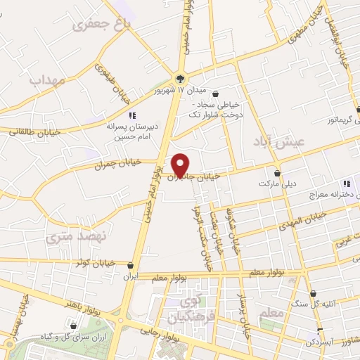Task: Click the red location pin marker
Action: coord(181,164)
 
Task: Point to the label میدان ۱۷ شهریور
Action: coord(181,91)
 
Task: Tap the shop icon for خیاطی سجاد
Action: coord(215,94)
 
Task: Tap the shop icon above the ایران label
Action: coord(131,266)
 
